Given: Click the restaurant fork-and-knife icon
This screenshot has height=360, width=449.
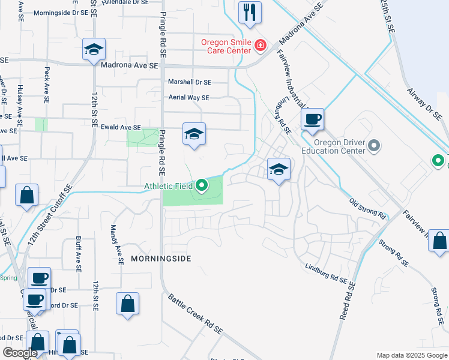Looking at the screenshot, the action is [x=250, y=13].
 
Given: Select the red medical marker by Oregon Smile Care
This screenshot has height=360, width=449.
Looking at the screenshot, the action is [x=260, y=45].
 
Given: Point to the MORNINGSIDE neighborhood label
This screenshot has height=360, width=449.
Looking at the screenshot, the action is [x=161, y=259].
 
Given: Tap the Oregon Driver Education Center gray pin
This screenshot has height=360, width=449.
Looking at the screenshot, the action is [x=374, y=146].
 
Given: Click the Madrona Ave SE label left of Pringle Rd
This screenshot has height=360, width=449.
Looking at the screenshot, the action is [x=129, y=65].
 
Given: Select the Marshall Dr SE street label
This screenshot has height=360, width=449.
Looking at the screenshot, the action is [x=190, y=82].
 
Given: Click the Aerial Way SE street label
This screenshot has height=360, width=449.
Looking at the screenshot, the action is [x=188, y=97].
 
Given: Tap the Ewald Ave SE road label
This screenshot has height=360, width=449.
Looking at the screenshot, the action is [x=120, y=127].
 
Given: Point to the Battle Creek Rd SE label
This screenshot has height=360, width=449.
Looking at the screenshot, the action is [x=195, y=314].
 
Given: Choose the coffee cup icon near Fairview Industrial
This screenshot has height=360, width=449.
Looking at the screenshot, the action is [x=312, y=119].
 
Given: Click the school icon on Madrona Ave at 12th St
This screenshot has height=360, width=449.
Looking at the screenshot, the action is [x=94, y=50].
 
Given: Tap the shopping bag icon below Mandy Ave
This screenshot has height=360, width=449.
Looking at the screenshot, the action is [x=128, y=304].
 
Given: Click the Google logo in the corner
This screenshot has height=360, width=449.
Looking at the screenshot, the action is [x=20, y=353].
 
